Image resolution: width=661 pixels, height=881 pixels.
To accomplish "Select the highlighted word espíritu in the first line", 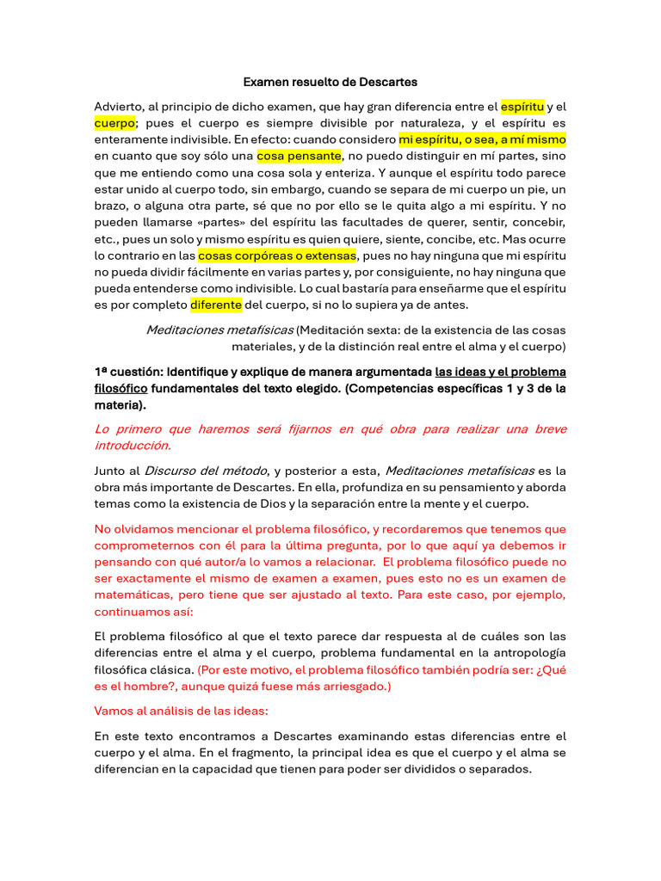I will click(x=522, y=107).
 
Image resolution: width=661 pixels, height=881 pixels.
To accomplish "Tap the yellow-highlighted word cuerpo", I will click(x=114, y=123).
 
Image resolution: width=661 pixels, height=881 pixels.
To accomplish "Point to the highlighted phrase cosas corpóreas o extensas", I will click(x=277, y=256).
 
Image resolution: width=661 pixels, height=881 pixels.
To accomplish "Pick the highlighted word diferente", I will click(x=216, y=305).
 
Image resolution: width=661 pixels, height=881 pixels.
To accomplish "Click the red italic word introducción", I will click(x=133, y=445).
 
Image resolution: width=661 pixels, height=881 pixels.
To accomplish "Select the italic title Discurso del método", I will click(x=206, y=470).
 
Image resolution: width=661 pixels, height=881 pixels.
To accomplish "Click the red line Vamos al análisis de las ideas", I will click(x=181, y=712).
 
